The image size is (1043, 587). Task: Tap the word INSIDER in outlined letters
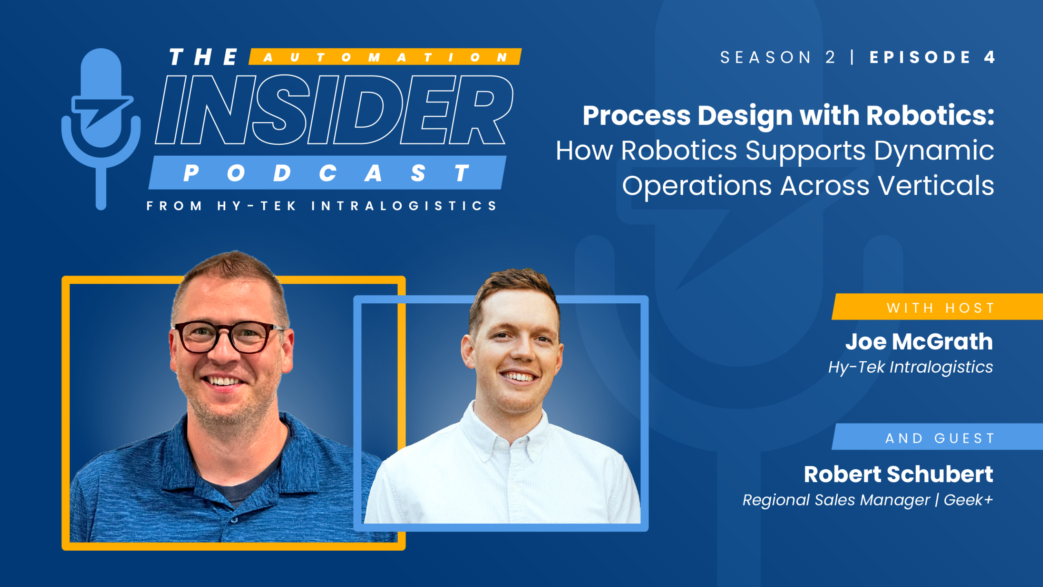tap(334, 110)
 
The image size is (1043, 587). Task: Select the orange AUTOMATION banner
tap(385, 57)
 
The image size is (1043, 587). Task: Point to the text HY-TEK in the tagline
tap(257, 206)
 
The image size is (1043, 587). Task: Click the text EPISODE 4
tap(932, 57)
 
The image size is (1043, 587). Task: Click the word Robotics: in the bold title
tap(930, 116)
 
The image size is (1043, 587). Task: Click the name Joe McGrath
tap(919, 342)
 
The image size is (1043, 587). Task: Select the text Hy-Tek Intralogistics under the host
tap(910, 367)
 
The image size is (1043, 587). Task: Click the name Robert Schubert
tap(898, 474)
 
